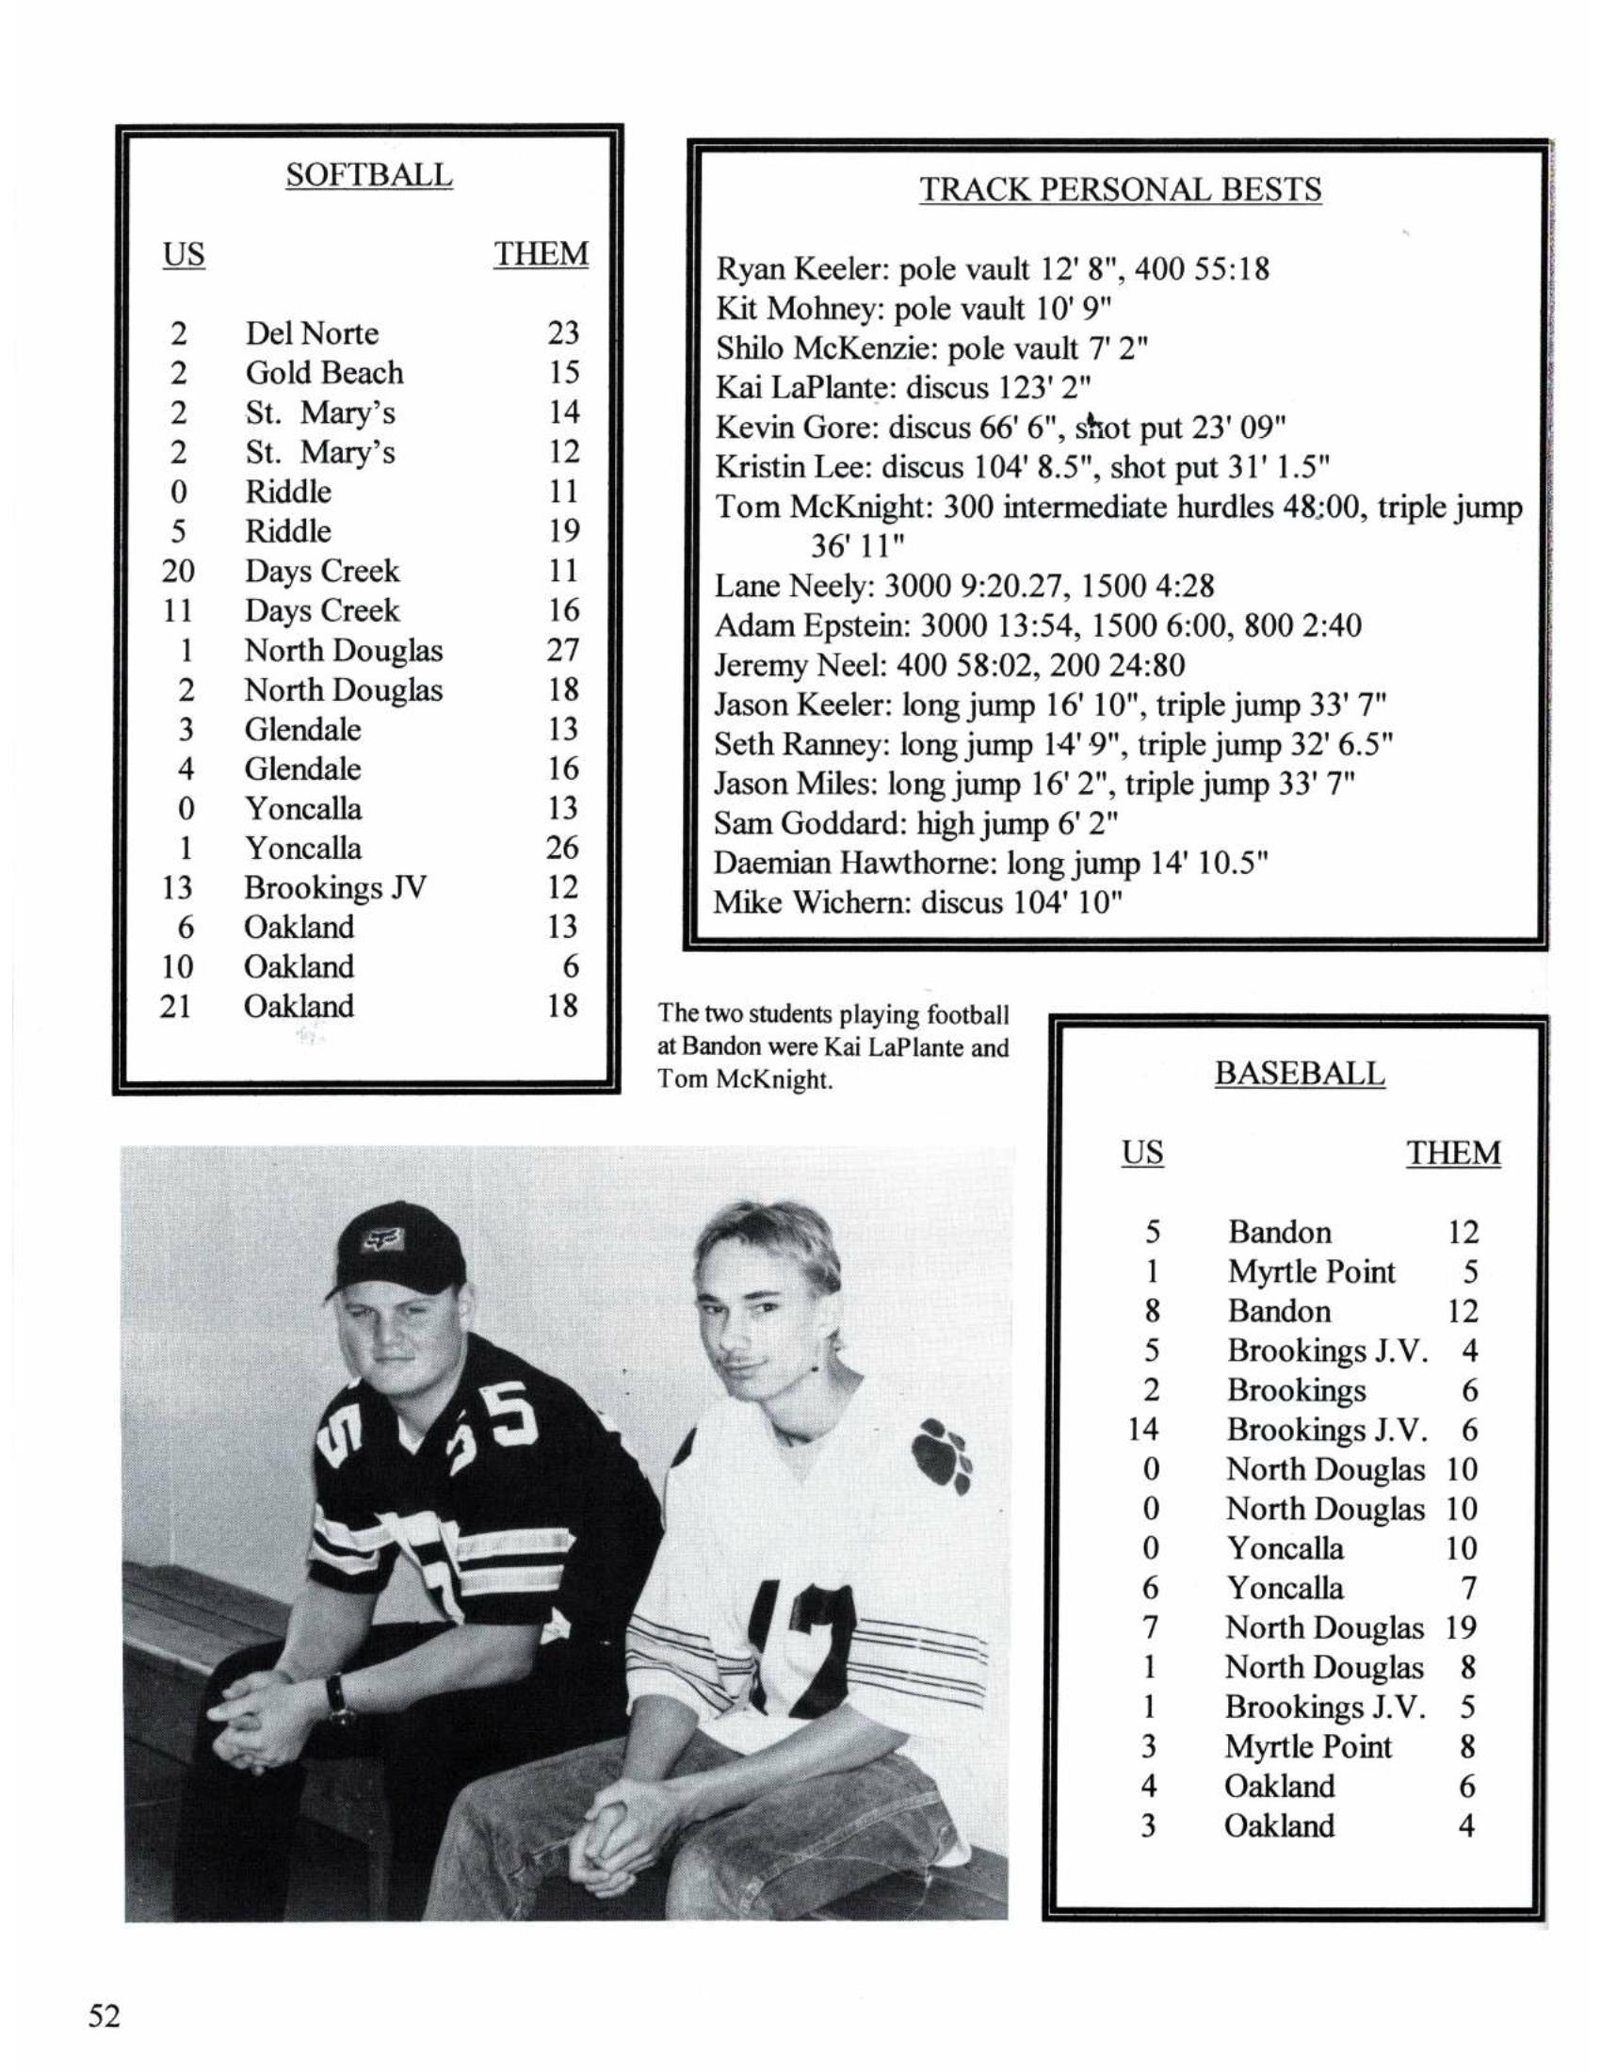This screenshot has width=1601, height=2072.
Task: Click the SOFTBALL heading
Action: coord(369,175)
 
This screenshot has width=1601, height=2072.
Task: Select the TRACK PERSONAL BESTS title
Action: coord(1119,189)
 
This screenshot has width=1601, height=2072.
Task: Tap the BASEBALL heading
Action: coord(1299,1074)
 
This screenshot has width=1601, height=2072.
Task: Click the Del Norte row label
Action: coord(311,333)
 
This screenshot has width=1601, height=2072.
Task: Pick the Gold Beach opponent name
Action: coord(324,373)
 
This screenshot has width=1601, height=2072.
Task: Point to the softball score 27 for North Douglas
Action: coord(562,650)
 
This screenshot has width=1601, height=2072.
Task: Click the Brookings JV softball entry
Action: coord(335,887)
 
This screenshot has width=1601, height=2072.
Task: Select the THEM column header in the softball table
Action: coord(541,254)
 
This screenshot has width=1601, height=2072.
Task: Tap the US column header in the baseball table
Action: coord(1142,1153)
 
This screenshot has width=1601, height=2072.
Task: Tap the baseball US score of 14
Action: coord(1144,1429)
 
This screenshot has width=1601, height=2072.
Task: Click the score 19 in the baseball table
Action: coord(1462,1627)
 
